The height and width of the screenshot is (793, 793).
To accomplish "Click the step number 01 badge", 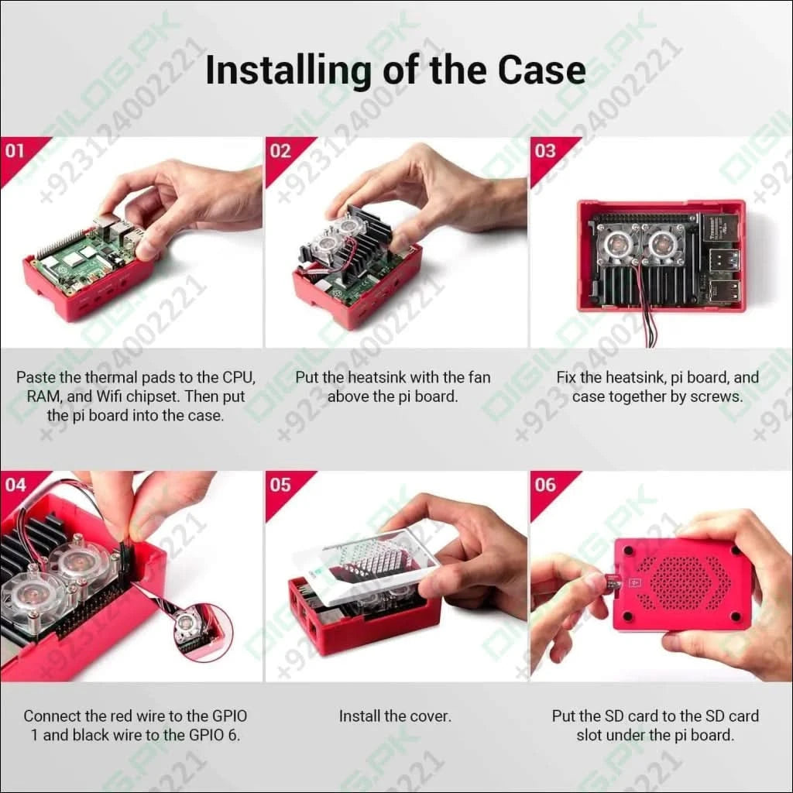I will [15, 150].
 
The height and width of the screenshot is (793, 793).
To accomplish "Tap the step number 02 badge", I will [280, 150].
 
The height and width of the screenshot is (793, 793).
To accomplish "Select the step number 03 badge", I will [545, 150].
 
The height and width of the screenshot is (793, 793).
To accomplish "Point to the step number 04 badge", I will [15, 485].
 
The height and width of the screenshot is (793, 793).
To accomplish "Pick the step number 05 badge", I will [280, 485].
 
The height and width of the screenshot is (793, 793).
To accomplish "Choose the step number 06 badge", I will [545, 485].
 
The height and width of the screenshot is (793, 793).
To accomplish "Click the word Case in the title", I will [541, 70].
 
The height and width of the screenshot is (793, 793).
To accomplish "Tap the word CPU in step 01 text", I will [237, 378].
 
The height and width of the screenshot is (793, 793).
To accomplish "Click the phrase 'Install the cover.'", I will [395, 716].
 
